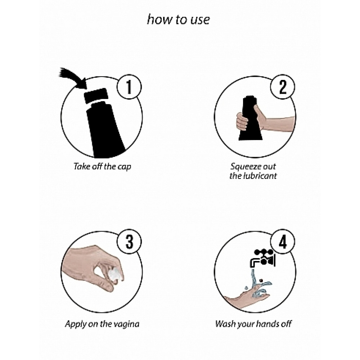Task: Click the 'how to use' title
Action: click(179, 20)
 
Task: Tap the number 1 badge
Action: click(129, 87)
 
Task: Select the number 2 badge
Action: click(282, 87)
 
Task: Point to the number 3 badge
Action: click(129, 242)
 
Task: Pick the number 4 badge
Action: click(282, 242)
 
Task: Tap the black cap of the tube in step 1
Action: click(96, 96)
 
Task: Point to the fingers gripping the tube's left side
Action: click(242, 121)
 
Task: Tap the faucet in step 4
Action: click(262, 258)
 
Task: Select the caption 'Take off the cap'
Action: click(102, 166)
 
